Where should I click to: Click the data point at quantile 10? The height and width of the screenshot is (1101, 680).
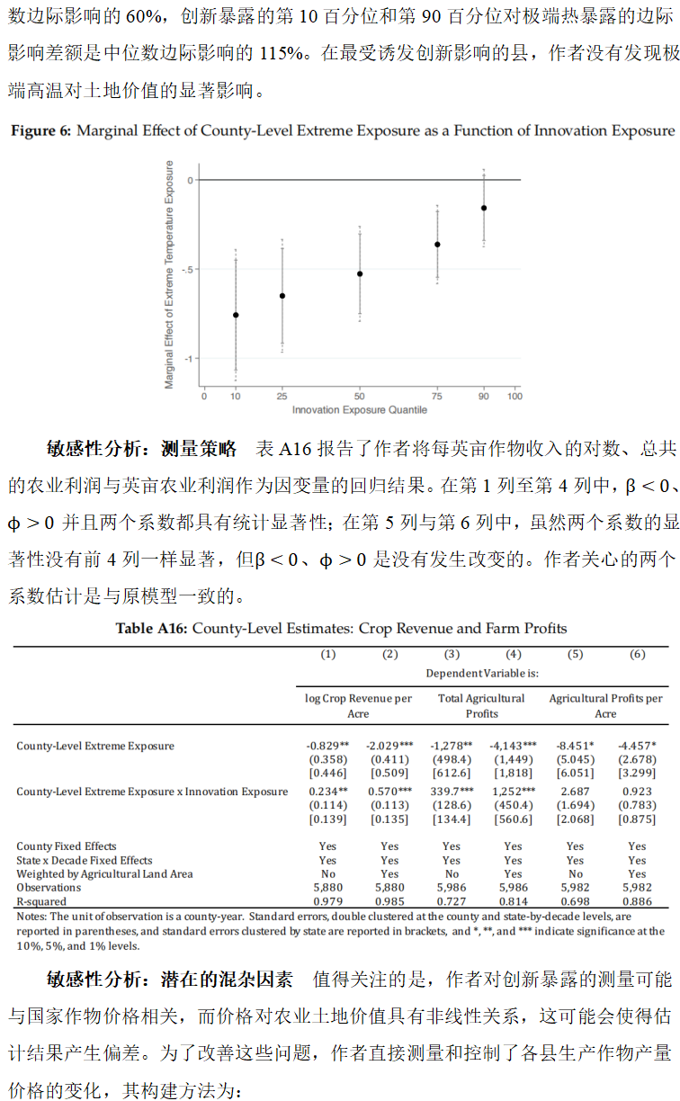click(236, 315)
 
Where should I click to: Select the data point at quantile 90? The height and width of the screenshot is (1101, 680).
click(484, 208)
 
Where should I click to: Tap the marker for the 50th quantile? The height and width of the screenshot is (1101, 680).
click(360, 273)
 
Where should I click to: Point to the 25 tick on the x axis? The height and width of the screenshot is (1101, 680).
click(282, 396)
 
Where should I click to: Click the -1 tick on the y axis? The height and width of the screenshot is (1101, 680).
click(189, 359)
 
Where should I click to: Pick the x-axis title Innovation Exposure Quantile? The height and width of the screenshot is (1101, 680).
click(359, 410)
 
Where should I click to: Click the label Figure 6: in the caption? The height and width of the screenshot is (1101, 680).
click(40, 131)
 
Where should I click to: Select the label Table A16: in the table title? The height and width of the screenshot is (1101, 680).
click(152, 629)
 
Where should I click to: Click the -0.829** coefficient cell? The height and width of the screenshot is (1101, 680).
click(327, 746)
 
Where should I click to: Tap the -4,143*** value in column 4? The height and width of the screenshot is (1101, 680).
click(513, 746)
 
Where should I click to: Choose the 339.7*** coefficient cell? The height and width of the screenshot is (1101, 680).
click(452, 792)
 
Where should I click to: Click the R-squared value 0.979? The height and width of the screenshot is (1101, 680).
click(327, 901)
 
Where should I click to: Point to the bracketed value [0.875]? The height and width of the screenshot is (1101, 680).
click(637, 819)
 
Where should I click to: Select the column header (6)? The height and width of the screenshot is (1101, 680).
click(637, 655)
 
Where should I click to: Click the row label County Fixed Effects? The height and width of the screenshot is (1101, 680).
click(67, 846)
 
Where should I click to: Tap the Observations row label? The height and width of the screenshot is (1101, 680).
click(49, 888)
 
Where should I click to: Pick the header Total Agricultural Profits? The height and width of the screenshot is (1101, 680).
click(481, 705)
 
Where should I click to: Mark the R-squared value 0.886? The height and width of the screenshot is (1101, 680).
click(637, 901)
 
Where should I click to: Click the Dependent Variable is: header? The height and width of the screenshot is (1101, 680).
click(482, 673)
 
